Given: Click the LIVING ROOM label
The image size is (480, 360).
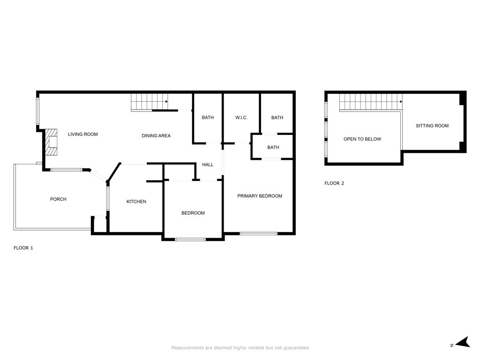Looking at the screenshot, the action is coord(82,134).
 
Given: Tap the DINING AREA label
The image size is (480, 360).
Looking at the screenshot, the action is coord(156,135).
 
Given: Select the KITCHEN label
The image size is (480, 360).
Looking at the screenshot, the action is coord(136,202).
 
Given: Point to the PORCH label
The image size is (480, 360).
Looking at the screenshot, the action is coord(58,199).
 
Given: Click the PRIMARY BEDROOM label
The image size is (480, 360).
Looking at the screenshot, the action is coord(260,196).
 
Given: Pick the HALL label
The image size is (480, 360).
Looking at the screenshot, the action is coord(208,165).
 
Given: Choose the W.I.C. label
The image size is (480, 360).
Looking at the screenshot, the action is coord(241,118).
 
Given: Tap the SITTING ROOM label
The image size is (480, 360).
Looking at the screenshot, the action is coord(432,126).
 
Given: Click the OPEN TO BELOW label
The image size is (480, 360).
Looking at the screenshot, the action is coord(362,139).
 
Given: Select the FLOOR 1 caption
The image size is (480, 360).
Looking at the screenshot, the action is coord(23,248).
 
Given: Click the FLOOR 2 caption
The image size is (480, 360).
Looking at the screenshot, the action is coord(334,183).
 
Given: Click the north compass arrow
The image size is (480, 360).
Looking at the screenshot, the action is coord(463,342).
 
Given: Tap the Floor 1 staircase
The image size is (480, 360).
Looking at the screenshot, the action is coord(150,102).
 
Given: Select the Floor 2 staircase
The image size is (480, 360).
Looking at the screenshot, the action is coord(371,102).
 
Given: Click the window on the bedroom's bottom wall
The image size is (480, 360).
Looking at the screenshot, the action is coord(190,240).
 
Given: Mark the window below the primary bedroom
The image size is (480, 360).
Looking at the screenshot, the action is coord(258,233).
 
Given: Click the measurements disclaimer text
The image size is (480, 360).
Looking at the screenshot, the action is coord(240,348).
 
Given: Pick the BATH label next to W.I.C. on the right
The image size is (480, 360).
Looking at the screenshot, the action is coord(277,118).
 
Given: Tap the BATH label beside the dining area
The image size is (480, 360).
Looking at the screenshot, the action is coord(208,118).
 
